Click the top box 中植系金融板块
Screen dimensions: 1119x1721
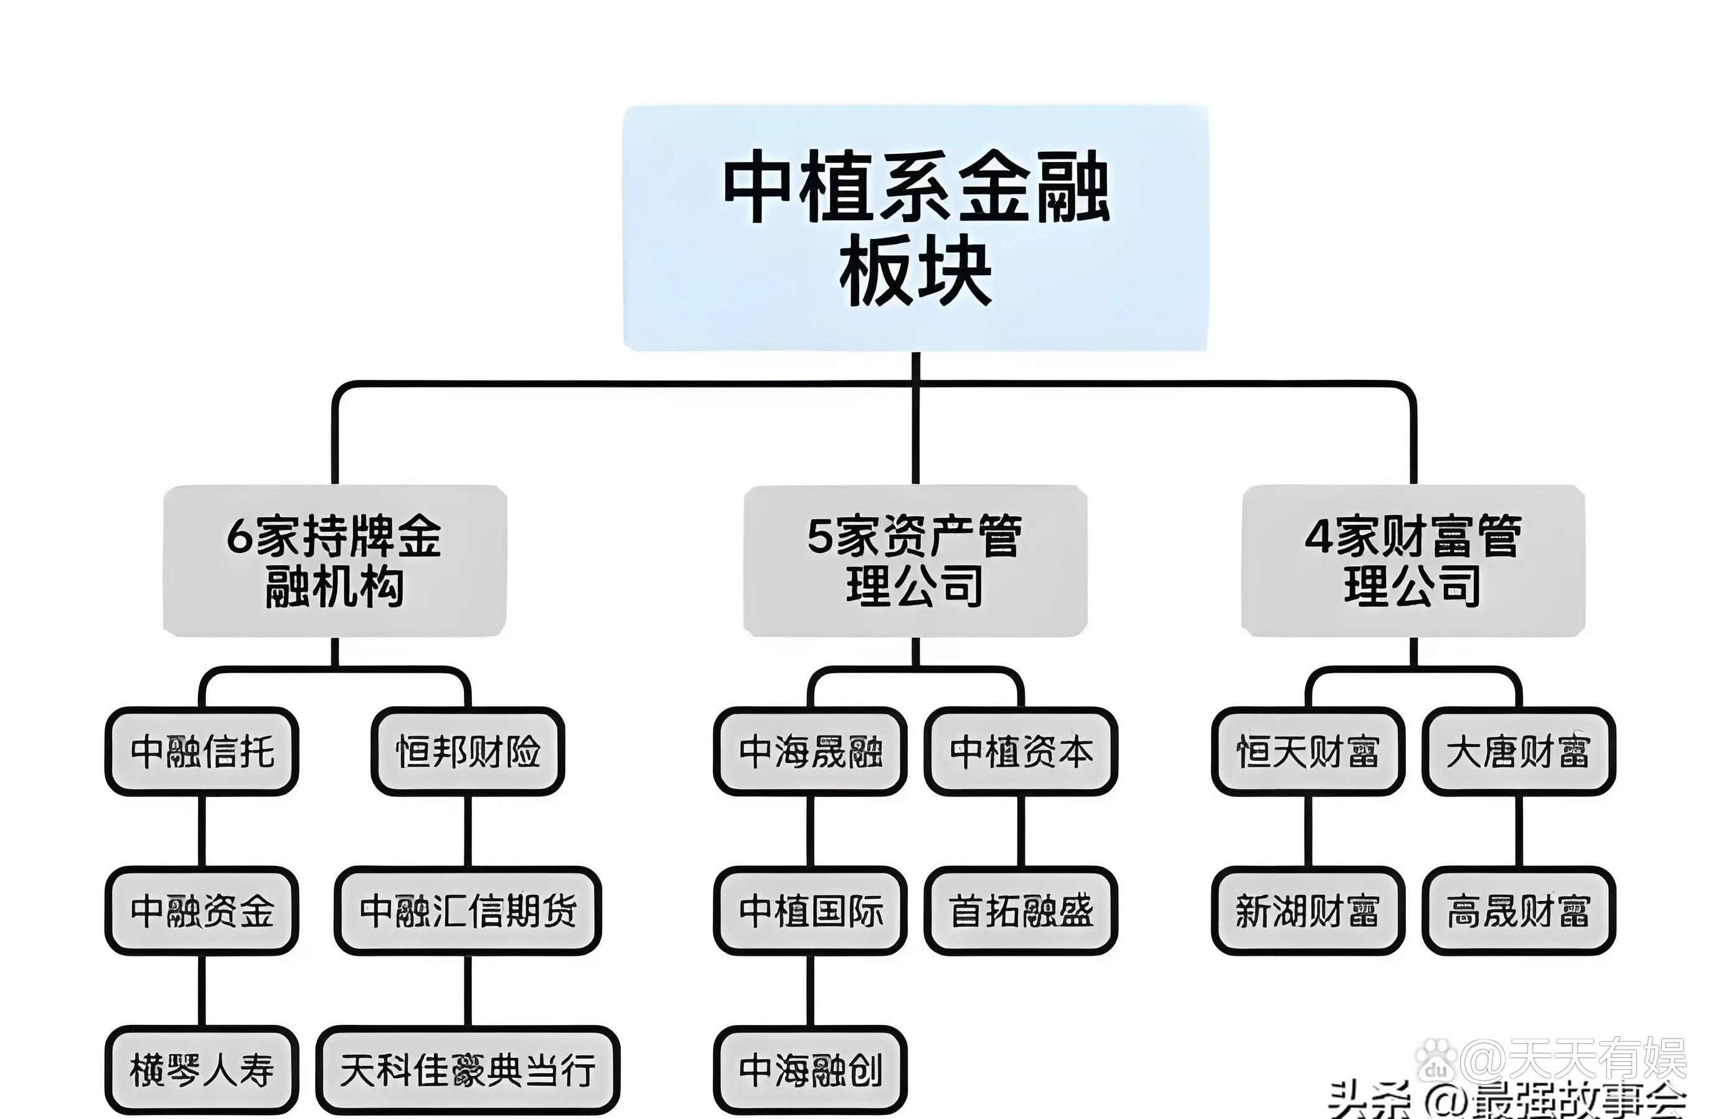(x=915, y=228)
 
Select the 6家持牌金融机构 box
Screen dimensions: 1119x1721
(x=334, y=561)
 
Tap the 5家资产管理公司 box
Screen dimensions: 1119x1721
(x=915, y=561)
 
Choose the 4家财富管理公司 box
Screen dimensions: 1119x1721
(x=1412, y=561)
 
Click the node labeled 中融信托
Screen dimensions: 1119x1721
(x=202, y=752)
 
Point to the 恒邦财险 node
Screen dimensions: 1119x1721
(x=468, y=752)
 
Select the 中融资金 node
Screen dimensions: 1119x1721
(x=202, y=910)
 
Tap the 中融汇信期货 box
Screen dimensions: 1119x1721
(x=468, y=910)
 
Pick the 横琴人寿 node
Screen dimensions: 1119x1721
(x=202, y=1070)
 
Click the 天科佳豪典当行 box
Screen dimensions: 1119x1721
(x=468, y=1070)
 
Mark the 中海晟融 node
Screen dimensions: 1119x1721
(x=810, y=752)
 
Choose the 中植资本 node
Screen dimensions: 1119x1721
(x=1021, y=752)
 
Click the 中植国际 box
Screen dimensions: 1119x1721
(x=810, y=910)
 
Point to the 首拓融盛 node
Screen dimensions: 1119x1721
(x=1021, y=910)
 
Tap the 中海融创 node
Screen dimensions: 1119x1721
(x=810, y=1070)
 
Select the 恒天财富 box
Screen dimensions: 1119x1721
(x=1308, y=752)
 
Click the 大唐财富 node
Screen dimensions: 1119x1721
(x=1518, y=752)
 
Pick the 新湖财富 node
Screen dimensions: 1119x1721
(x=1308, y=910)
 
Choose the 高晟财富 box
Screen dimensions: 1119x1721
(x=1518, y=910)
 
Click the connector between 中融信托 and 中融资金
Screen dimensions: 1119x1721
(x=202, y=831)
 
